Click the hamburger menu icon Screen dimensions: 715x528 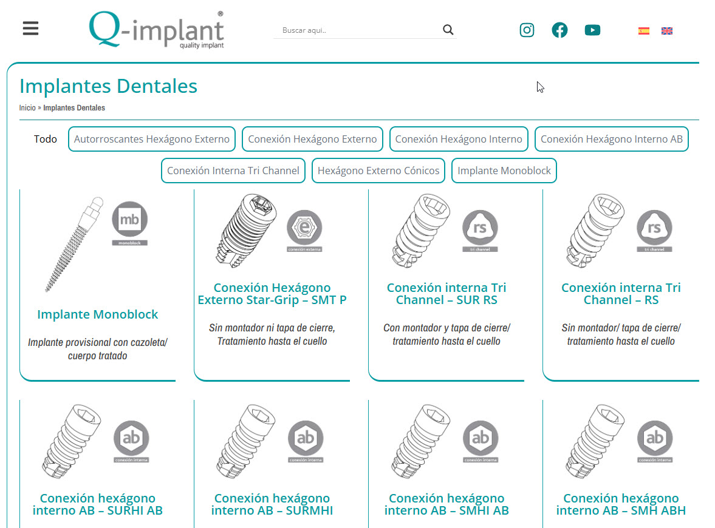point(30,29)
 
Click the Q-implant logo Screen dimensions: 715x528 point(156,30)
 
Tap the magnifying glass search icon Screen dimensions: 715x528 point(448,30)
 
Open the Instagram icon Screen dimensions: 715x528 point(527,30)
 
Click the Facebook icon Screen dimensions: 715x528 point(559,30)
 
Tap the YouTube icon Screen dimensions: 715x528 point(592,30)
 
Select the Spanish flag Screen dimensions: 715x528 point(643,31)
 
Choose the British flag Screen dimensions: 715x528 point(666,31)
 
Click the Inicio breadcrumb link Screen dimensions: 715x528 point(27,108)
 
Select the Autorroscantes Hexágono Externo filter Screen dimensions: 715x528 point(152,139)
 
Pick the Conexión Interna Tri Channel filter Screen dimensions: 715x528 point(233,171)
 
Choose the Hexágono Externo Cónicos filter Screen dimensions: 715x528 point(378,171)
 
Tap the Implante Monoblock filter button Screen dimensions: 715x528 point(504,171)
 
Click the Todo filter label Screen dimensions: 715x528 point(45,139)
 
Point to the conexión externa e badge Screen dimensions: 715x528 point(304,231)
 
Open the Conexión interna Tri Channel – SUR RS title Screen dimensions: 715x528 point(446,294)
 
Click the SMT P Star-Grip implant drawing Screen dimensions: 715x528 point(246,230)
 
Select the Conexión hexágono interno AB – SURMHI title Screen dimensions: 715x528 point(272,504)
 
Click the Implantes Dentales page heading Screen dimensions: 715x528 point(108,86)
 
